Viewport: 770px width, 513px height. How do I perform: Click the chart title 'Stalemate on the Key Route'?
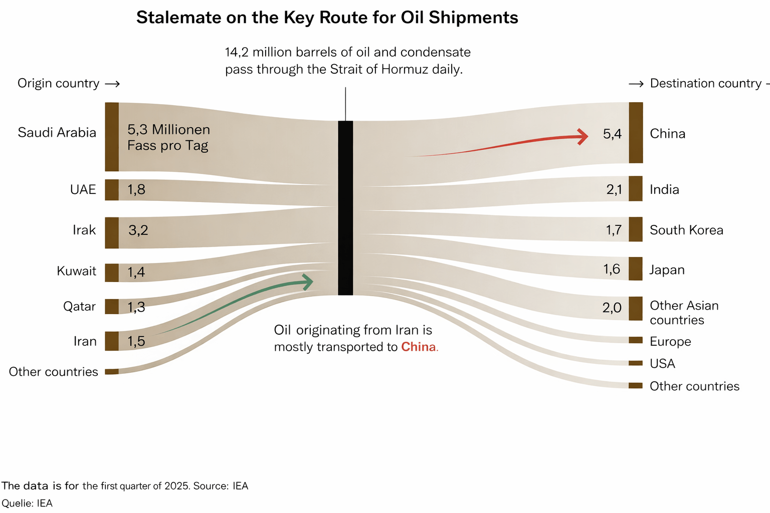click(x=327, y=18)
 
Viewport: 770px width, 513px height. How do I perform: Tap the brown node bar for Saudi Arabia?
click(x=112, y=137)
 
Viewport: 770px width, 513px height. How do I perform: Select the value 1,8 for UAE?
click(x=136, y=189)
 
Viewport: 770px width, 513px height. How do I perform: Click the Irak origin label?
click(x=84, y=230)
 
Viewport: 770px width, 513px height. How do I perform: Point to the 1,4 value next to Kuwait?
click(x=136, y=272)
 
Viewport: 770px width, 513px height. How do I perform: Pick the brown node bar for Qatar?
click(x=112, y=307)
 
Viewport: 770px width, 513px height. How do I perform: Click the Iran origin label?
click(x=85, y=341)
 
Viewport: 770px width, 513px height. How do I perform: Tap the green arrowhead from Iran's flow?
click(x=308, y=282)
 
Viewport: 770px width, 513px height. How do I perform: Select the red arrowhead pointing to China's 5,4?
click(x=583, y=136)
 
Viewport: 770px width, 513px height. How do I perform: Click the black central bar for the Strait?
click(x=345, y=208)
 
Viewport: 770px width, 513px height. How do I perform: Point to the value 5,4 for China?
click(x=612, y=134)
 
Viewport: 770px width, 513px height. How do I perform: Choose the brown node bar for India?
click(x=636, y=189)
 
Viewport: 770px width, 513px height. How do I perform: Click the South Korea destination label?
click(x=686, y=230)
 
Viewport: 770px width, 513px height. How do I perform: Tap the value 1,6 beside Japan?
click(x=612, y=269)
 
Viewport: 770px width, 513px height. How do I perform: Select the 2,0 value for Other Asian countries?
click(x=612, y=308)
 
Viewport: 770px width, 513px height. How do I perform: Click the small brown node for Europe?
click(x=636, y=341)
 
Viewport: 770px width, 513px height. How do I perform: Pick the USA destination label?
click(x=662, y=364)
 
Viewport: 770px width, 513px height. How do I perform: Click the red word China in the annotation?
click(x=419, y=347)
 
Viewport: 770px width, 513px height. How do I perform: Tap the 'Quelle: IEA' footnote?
click(x=27, y=503)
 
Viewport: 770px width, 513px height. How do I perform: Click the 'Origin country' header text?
click(x=59, y=83)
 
